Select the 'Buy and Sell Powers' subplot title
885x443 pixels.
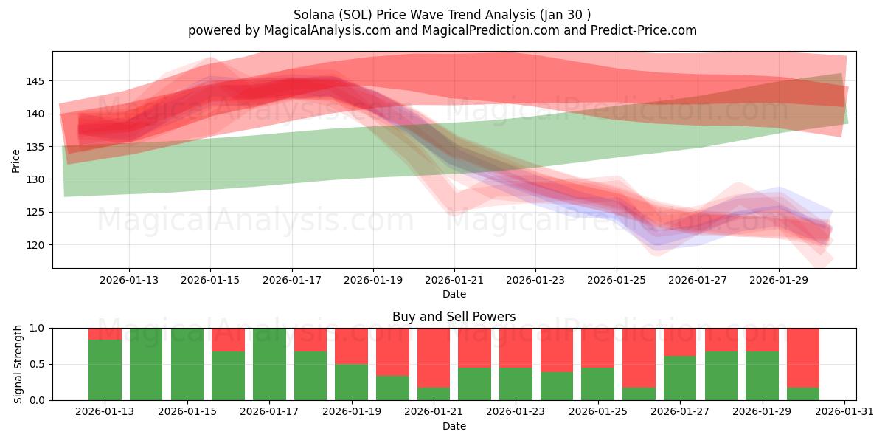pos(454,317)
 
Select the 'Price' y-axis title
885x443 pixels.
pos(16,159)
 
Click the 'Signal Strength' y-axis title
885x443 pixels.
pos(18,364)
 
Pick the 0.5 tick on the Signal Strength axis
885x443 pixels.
pos(38,364)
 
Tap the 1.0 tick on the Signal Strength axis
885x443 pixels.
pos(38,328)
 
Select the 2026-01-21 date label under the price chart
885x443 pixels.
pos(454,280)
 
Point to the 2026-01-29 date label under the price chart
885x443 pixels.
pos(779,280)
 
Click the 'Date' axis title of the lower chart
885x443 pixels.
pos(454,426)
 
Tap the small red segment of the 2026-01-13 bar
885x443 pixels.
pos(105,334)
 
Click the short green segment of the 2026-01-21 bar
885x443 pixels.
pos(433,394)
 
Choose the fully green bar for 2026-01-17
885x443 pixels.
pos(269,364)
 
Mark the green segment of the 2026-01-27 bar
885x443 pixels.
pos(679,378)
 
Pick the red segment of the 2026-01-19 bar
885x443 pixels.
pos(351,346)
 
